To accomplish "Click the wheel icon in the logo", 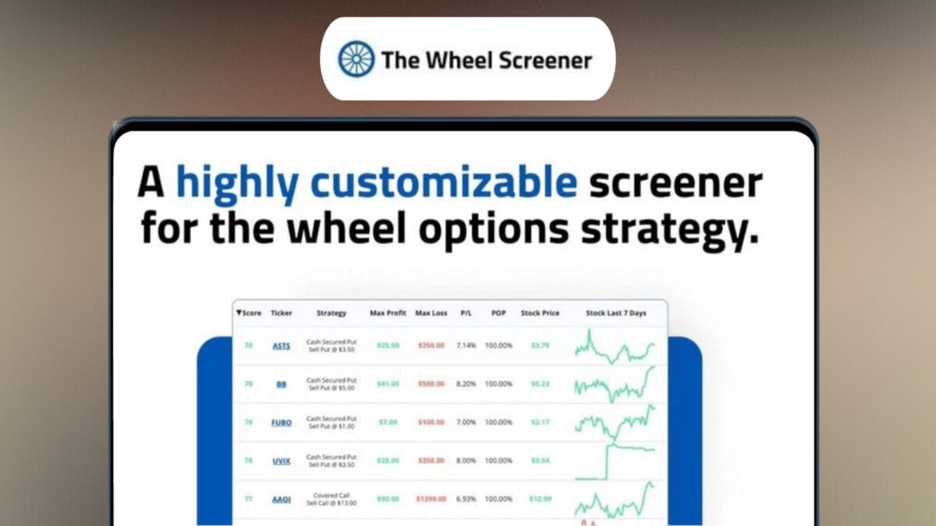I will [x=356, y=59].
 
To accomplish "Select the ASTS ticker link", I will [x=281, y=346].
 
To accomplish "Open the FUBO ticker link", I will [x=281, y=422].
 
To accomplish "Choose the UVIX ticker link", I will [x=281, y=461].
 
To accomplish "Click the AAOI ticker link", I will [x=281, y=500].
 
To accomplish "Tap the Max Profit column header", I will [x=388, y=313].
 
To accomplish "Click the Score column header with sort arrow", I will [x=249, y=313].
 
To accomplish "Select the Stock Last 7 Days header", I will [x=615, y=313].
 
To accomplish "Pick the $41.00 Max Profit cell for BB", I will [x=387, y=384].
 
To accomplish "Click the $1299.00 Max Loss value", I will [x=431, y=500].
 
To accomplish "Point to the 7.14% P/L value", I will [x=466, y=346].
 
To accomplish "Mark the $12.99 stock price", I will [x=540, y=500].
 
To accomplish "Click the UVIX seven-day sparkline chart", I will [x=615, y=461].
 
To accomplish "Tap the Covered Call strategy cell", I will [x=331, y=500].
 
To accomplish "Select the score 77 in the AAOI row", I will [x=247, y=500].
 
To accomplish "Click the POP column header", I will [x=498, y=313].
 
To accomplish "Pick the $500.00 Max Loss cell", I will [x=431, y=384].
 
